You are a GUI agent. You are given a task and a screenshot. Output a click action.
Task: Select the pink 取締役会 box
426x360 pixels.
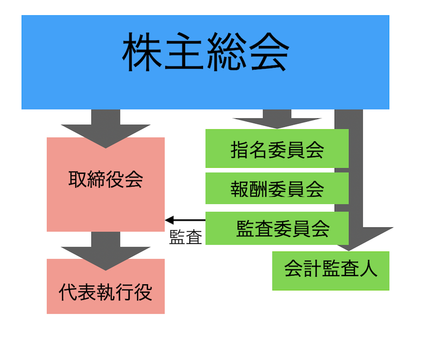pos(106,204)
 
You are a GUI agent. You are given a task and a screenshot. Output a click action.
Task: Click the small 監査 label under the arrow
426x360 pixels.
pos(186,237)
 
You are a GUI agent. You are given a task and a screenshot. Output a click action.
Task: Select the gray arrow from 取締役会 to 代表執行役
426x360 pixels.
pos(106,249)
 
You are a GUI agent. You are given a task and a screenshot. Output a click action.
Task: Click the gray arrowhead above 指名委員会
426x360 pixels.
pos(277,121)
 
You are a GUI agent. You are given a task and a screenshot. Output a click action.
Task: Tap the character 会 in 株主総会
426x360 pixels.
pos(268,53)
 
